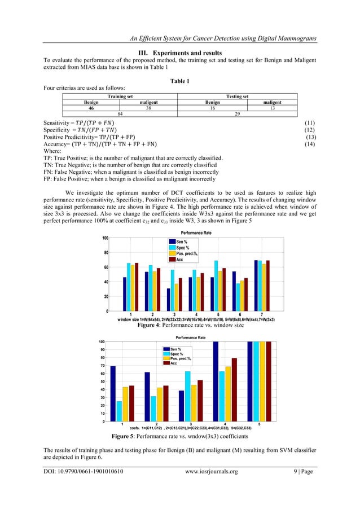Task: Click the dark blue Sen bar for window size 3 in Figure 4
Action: (168, 300)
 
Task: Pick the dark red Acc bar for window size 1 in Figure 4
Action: (137, 287)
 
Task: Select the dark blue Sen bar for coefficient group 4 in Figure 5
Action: (216, 381)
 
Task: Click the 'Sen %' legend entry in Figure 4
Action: (180, 257)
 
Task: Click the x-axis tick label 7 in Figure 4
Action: (262, 314)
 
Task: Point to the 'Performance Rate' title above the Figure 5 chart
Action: (186, 337)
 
